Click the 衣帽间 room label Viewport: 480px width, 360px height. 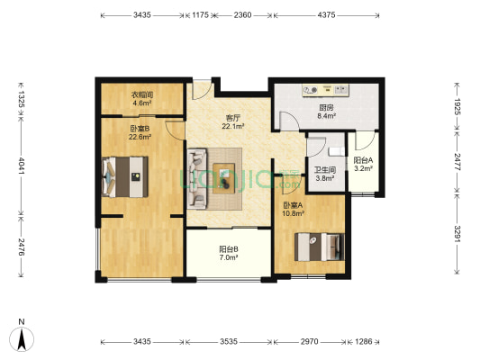[x=141, y=100]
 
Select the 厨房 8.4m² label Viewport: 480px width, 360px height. [x=326, y=112]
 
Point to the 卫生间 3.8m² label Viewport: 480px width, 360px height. [x=324, y=174]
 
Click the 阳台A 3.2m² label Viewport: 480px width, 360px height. [x=363, y=164]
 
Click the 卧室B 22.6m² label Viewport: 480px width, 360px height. [x=139, y=131]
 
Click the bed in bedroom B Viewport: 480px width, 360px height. [x=124, y=175]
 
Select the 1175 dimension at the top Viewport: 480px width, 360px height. [x=200, y=15]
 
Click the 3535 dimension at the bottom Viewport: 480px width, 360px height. [x=229, y=343]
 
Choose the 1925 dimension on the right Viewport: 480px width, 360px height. [x=457, y=107]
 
